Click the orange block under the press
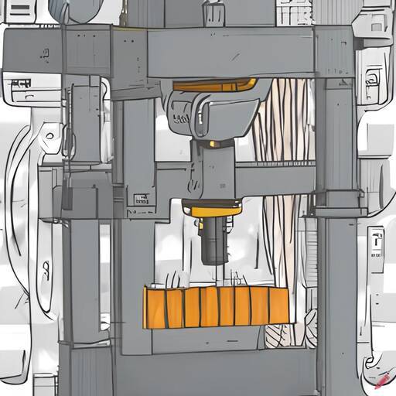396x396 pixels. click(216, 306)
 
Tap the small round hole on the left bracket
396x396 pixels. click(49, 136)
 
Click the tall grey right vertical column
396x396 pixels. click(336, 232)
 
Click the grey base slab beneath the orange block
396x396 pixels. click(217, 340)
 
